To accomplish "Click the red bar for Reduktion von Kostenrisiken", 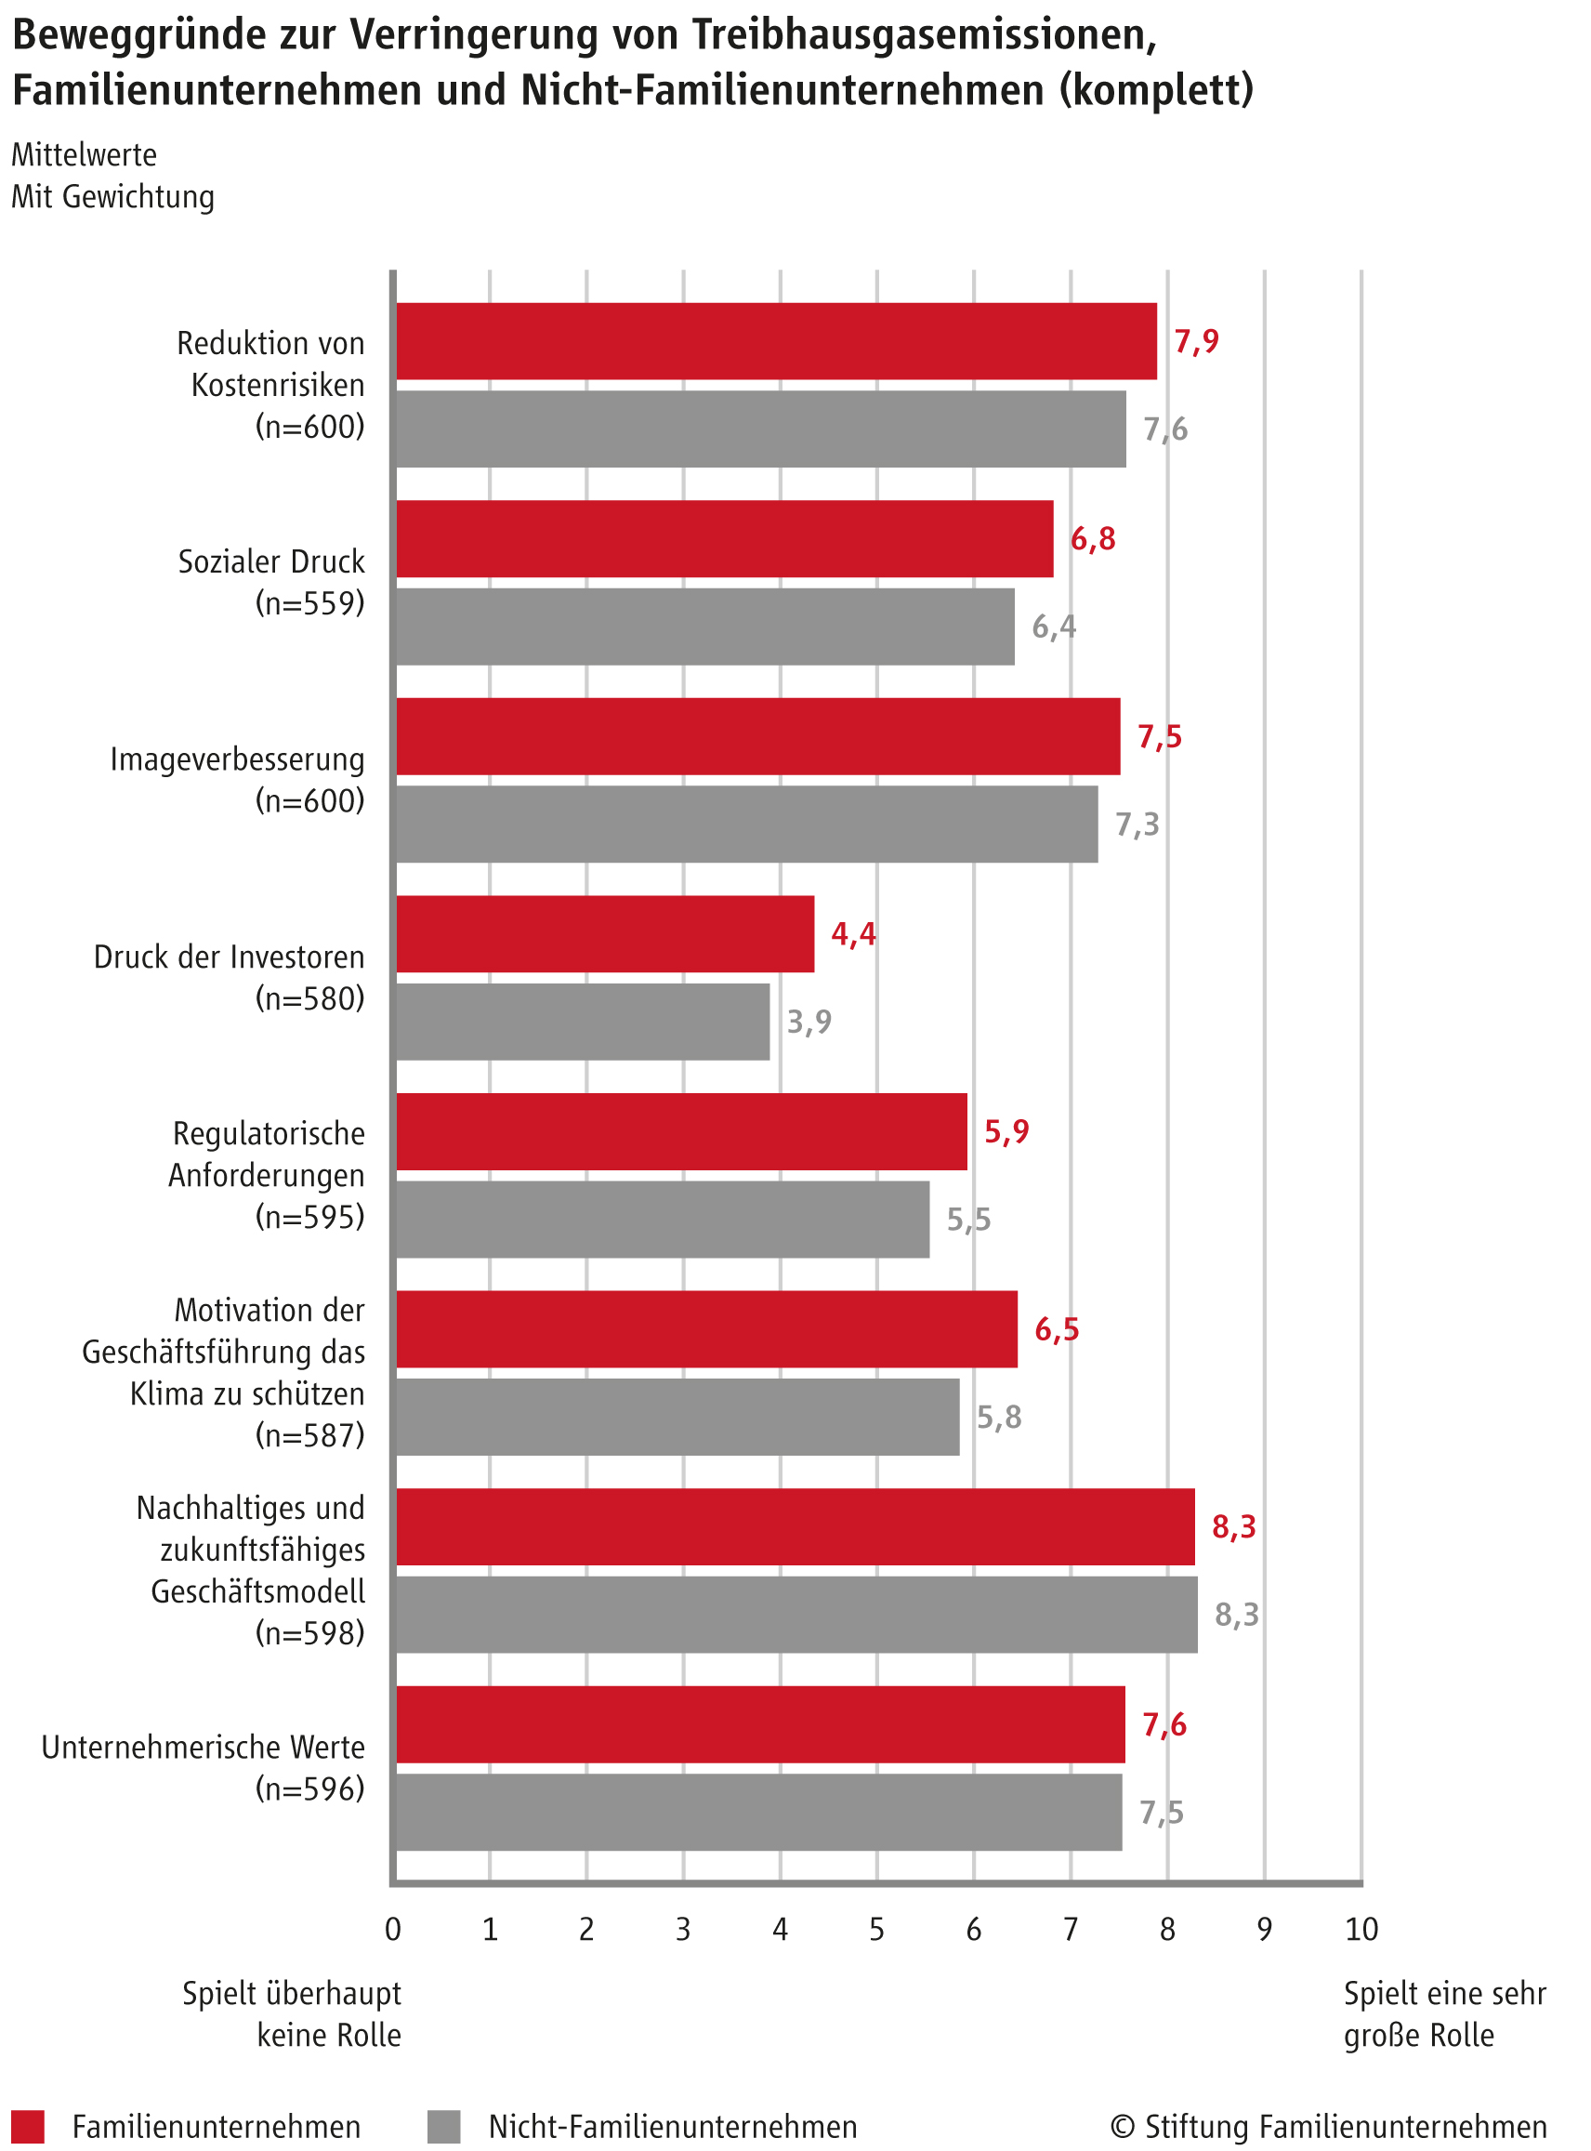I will click(776, 341).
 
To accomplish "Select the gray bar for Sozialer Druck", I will click(705, 627).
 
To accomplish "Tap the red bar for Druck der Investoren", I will click(605, 933).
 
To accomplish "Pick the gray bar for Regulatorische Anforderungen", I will click(663, 1219).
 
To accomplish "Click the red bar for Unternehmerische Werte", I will click(761, 1724).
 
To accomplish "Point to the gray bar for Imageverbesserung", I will click(747, 824).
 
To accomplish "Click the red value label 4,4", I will click(853, 933).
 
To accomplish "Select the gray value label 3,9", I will click(809, 1021).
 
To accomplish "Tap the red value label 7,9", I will click(1196, 341).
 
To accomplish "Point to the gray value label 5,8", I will click(999, 1417).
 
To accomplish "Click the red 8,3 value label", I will click(1234, 1526).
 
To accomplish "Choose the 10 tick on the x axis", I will click(1361, 1929).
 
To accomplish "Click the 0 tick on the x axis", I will click(393, 1929).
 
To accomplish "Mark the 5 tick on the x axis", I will click(876, 1929).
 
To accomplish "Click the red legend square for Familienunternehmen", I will click(28, 2126).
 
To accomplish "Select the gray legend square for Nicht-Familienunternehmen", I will click(444, 2126).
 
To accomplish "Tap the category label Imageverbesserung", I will click(237, 759).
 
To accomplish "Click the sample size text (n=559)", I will click(310, 603).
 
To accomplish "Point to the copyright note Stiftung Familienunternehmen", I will click(1329, 2126).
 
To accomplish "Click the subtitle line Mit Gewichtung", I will click(112, 196).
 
